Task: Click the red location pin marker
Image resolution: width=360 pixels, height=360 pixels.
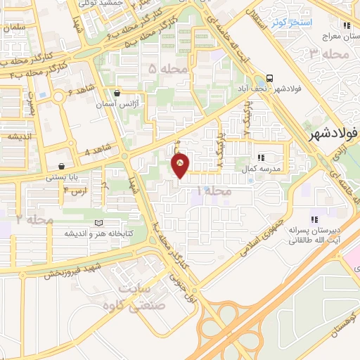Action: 181,165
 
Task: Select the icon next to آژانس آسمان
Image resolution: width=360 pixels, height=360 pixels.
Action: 116,92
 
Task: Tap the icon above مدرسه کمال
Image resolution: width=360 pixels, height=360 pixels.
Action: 261,158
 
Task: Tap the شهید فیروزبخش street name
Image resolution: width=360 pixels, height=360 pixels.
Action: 74,270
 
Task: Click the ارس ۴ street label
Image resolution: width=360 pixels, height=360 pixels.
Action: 76,191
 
